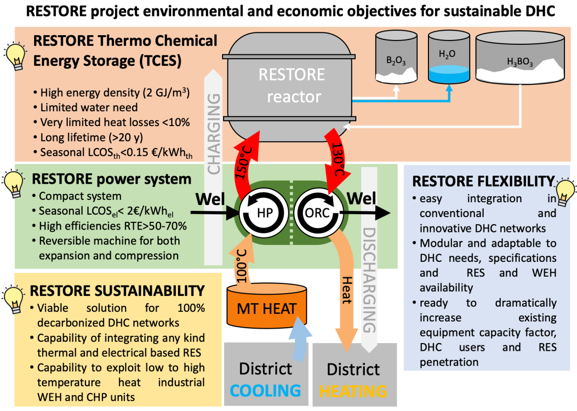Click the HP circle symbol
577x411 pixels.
point(260,213)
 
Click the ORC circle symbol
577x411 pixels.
point(318,213)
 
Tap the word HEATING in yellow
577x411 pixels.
point(353,391)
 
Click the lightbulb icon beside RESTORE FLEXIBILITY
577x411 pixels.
point(566,191)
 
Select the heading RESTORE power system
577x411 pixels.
point(111,180)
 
